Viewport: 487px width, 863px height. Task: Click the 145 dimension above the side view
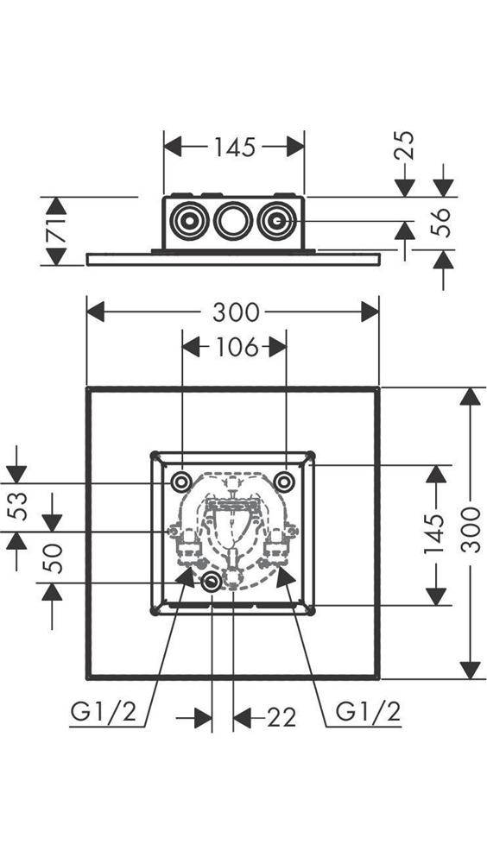pyautogui.click(x=235, y=147)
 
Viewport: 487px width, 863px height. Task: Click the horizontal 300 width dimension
pyautogui.click(x=236, y=312)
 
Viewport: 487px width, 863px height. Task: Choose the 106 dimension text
pyautogui.click(x=235, y=347)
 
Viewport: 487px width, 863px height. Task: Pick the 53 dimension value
pyautogui.click(x=17, y=507)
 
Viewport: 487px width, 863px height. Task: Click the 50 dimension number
pyautogui.click(x=53, y=558)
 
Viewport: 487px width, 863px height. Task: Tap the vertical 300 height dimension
pyautogui.click(x=471, y=530)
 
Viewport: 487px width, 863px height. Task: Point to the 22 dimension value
pyautogui.click(x=281, y=717)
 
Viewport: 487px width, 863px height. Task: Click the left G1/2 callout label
pyautogui.click(x=103, y=712)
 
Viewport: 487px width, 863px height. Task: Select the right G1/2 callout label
pyautogui.click(x=368, y=712)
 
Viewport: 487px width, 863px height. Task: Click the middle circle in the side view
pyautogui.click(x=233, y=221)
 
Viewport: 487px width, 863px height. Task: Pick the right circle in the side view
pyautogui.click(x=276, y=221)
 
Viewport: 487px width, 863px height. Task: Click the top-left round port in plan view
pyautogui.click(x=180, y=482)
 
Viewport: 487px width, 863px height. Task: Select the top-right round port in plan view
pyautogui.click(x=284, y=482)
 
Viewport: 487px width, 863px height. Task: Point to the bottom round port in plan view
pyautogui.click(x=211, y=582)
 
